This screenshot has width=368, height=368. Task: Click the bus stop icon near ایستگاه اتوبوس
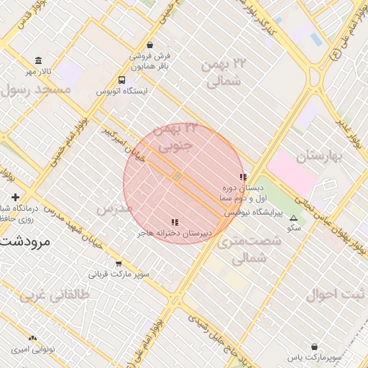121,80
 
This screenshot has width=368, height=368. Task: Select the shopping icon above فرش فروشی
149,45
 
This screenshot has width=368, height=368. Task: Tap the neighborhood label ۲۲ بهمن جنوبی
175,137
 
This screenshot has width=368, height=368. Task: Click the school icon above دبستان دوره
243,177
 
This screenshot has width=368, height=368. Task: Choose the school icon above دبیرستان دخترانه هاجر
175,222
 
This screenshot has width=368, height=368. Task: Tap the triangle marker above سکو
293,218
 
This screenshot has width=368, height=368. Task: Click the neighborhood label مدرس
115,208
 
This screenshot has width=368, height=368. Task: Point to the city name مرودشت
26,241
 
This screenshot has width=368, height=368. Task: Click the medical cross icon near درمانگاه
15,197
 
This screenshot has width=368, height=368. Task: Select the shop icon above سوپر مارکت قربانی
119,263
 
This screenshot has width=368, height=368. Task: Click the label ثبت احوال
335,295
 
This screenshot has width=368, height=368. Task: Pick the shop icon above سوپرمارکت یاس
314,346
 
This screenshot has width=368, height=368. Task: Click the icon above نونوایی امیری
32,338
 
